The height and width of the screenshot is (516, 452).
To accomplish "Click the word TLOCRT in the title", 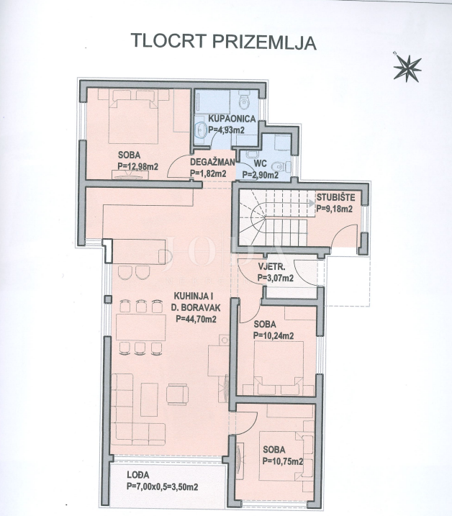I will [x=168, y=42].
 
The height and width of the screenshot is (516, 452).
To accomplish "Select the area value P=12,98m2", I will [x=142, y=166].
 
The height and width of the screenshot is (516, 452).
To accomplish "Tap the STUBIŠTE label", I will [x=334, y=199].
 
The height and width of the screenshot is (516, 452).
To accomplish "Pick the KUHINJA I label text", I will [x=194, y=294].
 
